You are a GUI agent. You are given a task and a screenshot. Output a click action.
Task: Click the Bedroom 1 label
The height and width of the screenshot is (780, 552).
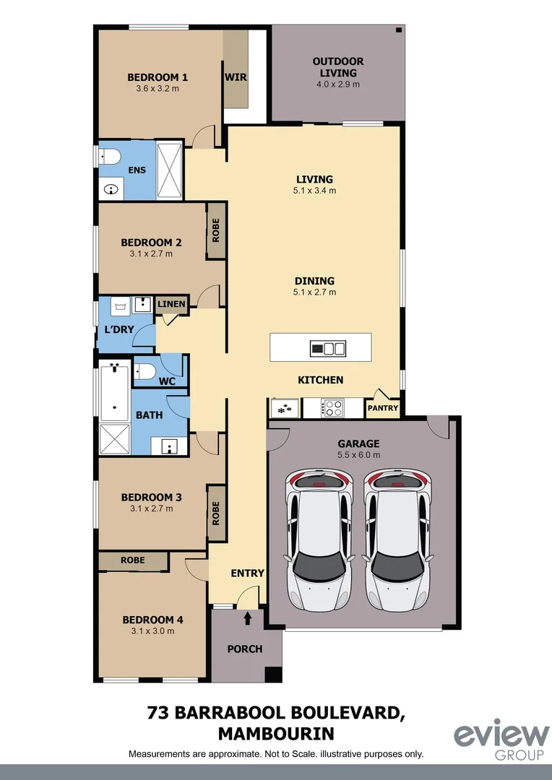coord(158,77)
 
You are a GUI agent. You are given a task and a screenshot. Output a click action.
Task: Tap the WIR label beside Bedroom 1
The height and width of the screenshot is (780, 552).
coord(235,77)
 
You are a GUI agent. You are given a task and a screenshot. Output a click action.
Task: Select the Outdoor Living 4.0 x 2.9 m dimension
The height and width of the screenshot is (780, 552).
coord(338,84)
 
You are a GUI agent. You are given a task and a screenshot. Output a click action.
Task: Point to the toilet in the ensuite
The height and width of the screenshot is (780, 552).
coord(109,157)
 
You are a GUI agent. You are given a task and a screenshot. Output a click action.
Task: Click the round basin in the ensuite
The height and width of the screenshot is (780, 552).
coord(111,190)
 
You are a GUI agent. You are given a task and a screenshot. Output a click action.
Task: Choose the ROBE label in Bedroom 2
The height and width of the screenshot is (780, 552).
coord(215,230)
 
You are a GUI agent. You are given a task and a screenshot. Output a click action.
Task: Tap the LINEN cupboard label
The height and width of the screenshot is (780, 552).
coord(172,305)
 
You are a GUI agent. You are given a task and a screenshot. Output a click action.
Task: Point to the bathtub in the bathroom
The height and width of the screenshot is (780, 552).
coord(115,394)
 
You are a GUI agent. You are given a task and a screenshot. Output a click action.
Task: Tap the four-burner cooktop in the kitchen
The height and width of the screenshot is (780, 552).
coord(332,408)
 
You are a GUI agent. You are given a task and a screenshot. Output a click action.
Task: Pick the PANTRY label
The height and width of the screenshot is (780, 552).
coord(383,408)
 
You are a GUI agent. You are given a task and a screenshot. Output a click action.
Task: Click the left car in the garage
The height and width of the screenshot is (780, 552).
coord(318,538)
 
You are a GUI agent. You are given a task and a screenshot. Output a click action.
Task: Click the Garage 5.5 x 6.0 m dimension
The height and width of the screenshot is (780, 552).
coord(358,455)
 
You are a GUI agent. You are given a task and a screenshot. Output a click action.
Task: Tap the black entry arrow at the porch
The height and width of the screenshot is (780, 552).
coord(248,618)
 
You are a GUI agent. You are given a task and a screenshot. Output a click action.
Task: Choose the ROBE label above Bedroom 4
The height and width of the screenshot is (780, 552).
coord(133,560)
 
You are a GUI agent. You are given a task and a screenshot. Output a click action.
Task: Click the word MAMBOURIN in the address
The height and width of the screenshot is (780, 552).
coord(276,734)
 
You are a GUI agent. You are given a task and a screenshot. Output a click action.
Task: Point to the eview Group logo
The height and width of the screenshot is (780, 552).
coord(501,741)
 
